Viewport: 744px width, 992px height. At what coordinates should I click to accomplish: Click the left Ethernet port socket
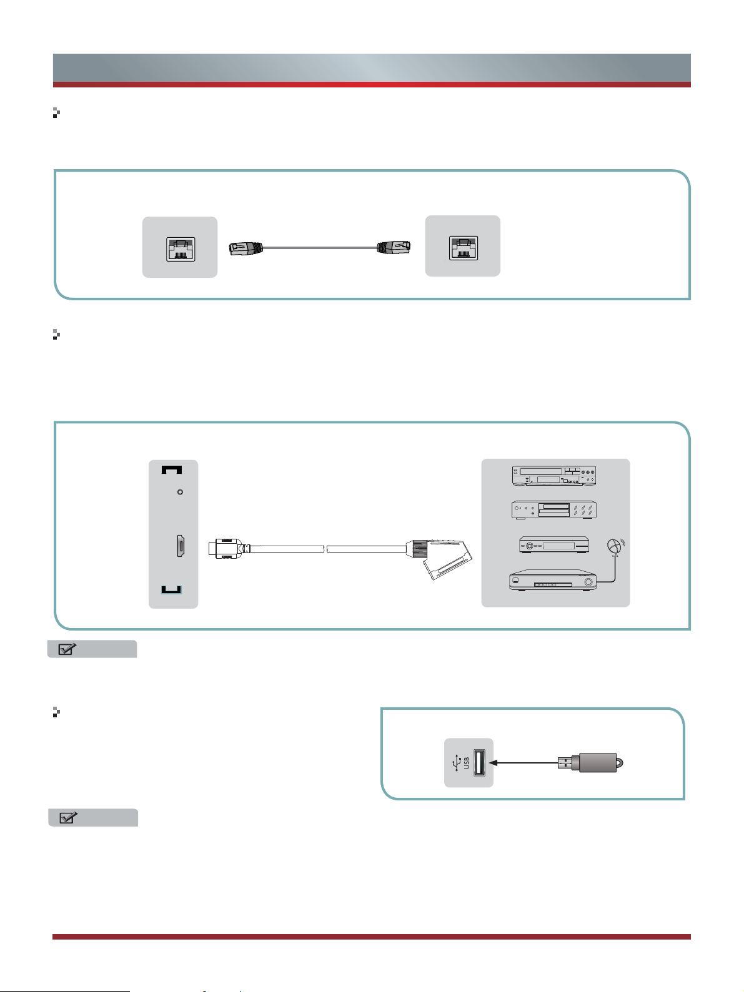[x=181, y=249]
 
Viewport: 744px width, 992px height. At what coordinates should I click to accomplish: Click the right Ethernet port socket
[x=464, y=248]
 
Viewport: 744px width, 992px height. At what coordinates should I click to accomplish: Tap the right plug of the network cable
[x=394, y=247]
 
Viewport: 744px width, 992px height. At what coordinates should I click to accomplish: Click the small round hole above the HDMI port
[x=181, y=492]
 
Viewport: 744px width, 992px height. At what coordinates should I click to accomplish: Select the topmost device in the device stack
[x=555, y=476]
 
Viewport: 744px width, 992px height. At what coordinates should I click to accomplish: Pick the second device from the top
[x=555, y=510]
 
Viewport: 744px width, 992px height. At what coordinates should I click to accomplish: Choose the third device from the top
[x=554, y=545]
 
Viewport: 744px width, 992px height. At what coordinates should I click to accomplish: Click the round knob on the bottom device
[x=588, y=583]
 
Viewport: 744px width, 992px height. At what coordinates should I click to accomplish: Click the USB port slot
[x=480, y=762]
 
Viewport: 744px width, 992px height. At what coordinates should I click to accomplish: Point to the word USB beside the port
[x=466, y=763]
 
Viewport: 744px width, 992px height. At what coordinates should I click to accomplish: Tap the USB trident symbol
[x=455, y=762]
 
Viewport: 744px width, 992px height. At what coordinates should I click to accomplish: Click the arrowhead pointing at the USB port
[x=492, y=762]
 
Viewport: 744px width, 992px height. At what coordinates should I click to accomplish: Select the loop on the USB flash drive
[x=620, y=762]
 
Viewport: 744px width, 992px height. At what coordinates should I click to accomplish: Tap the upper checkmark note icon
[x=67, y=649]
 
